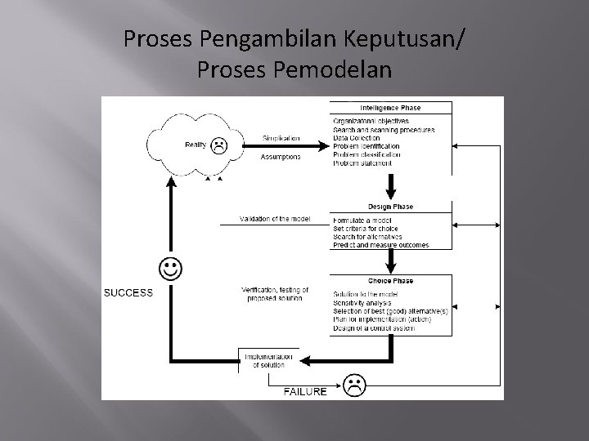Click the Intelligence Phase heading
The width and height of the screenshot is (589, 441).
390,108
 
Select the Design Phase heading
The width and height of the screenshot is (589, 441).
390,206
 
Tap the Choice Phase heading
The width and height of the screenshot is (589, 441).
390,280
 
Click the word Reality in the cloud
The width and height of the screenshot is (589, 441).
196,145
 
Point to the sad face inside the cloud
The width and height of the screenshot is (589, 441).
218,146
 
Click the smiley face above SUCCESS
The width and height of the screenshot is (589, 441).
171,269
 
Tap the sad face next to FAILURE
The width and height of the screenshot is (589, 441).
353,385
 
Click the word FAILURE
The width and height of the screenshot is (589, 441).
305,391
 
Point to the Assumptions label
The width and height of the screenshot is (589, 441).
281,156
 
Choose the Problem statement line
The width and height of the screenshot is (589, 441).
362,163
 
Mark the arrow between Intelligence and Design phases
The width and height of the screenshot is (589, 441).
390,187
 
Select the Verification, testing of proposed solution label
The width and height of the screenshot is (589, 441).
272,294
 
